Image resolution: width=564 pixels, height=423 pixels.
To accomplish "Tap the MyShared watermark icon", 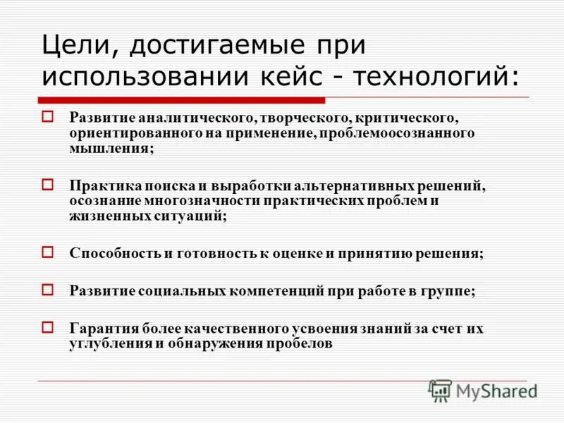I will click(440, 389).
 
